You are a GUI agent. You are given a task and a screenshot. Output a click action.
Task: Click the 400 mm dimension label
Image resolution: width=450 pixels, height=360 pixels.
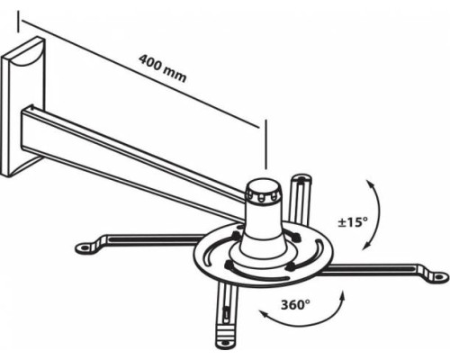click(x=162, y=68)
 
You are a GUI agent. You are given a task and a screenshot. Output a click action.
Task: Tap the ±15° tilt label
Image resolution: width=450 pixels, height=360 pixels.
click(x=352, y=222)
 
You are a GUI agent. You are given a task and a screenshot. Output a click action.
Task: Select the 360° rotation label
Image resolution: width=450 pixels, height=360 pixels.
click(x=295, y=305)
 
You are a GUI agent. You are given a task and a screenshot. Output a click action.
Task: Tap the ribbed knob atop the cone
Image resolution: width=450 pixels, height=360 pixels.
click(x=263, y=192)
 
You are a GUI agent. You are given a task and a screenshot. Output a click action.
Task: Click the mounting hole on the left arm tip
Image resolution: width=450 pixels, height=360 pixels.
click(x=84, y=248)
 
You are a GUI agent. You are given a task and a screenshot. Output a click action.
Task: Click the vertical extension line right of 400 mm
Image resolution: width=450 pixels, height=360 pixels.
click(x=265, y=144)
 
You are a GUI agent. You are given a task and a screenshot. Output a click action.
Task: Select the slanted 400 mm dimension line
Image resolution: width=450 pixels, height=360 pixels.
click(x=139, y=74)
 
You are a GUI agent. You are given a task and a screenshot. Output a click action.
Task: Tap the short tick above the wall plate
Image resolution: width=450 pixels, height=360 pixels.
click(x=18, y=22)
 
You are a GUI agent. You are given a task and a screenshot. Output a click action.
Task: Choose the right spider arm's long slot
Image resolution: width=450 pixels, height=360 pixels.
click(x=375, y=267)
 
